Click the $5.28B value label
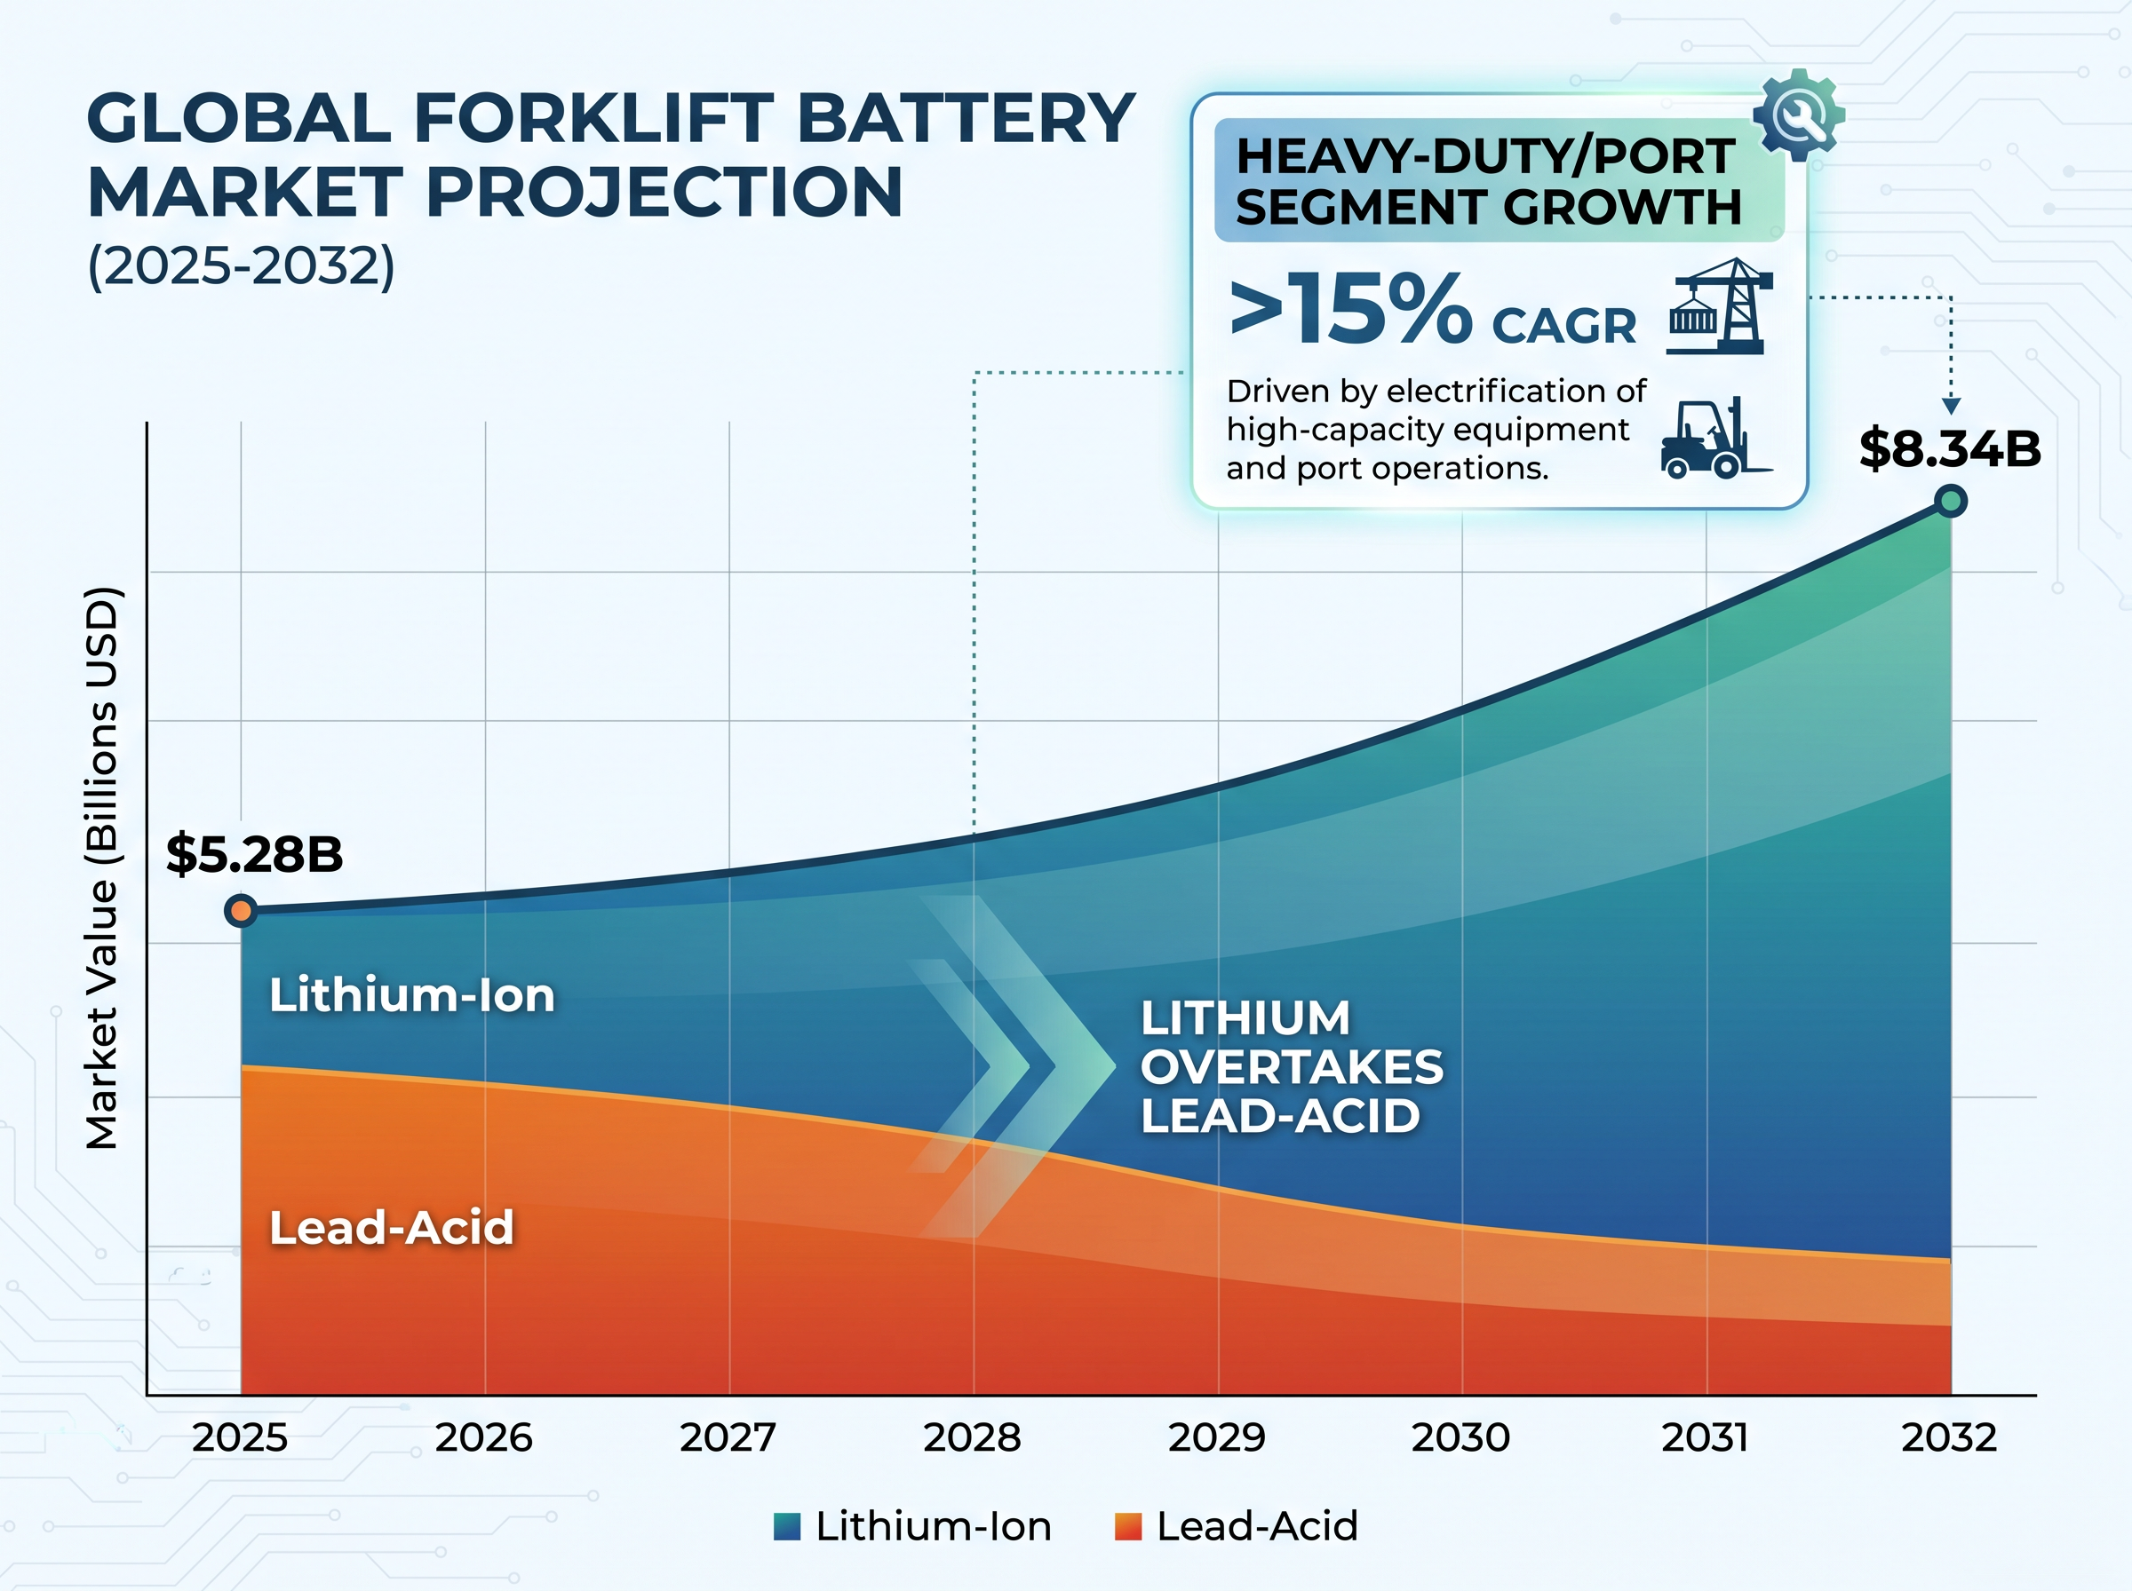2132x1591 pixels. [254, 854]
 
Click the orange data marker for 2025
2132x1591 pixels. [241, 910]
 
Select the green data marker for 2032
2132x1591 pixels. [1951, 501]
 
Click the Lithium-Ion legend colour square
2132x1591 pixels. [787, 1527]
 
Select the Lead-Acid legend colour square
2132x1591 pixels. [1128, 1527]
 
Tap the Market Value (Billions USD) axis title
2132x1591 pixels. [101, 867]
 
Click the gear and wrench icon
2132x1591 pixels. [1799, 115]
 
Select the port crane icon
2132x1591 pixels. [1720, 306]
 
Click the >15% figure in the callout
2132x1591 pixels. [1350, 308]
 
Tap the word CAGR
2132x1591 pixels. [1563, 326]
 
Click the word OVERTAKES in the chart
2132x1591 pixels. [1292, 1067]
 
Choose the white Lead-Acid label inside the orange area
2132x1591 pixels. [391, 1228]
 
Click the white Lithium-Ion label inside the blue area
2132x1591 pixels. [412, 995]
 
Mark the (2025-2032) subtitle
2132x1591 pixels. [241, 265]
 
